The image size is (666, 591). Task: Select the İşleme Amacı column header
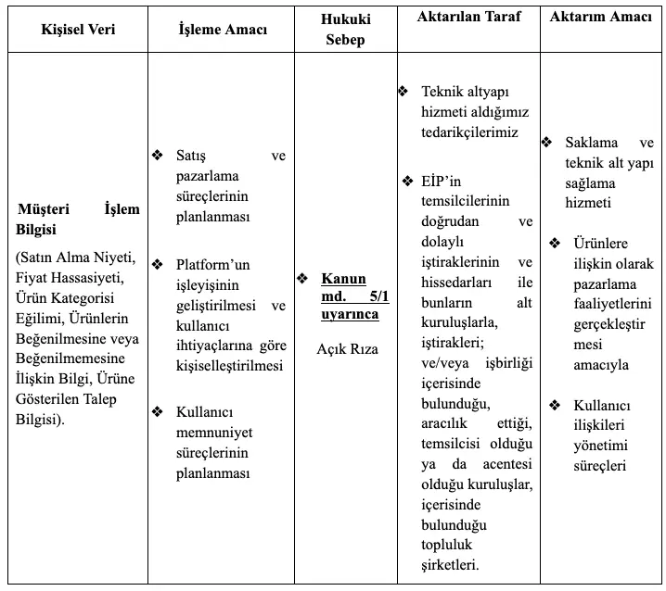223,30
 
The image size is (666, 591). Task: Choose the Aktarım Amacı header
600,17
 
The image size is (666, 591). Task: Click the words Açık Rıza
347,349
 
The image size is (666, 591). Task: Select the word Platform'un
213,265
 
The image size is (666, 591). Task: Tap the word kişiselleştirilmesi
230,366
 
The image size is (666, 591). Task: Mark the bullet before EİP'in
407,181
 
